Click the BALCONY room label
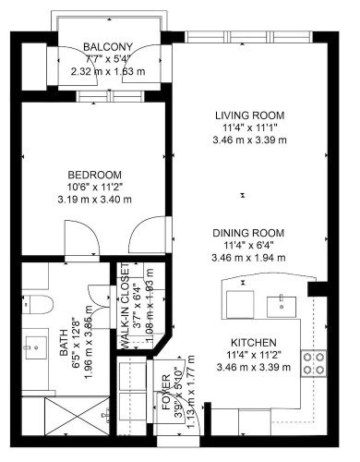point(108,47)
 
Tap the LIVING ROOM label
point(249,115)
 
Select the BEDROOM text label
point(95,175)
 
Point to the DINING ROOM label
point(248,233)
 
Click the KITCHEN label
point(254,343)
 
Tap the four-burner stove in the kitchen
point(314,363)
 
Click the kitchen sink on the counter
point(282,307)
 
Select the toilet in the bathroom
point(37,304)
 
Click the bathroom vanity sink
point(36,347)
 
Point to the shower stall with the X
point(77,416)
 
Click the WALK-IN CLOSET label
point(125,307)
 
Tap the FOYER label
point(166,392)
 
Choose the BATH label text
point(64,343)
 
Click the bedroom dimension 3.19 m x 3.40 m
point(95,200)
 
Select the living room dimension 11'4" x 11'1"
point(249,128)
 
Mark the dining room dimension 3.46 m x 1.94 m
point(248,258)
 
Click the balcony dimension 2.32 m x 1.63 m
point(108,72)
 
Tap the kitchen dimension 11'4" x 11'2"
point(254,355)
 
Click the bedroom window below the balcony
point(110,96)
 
